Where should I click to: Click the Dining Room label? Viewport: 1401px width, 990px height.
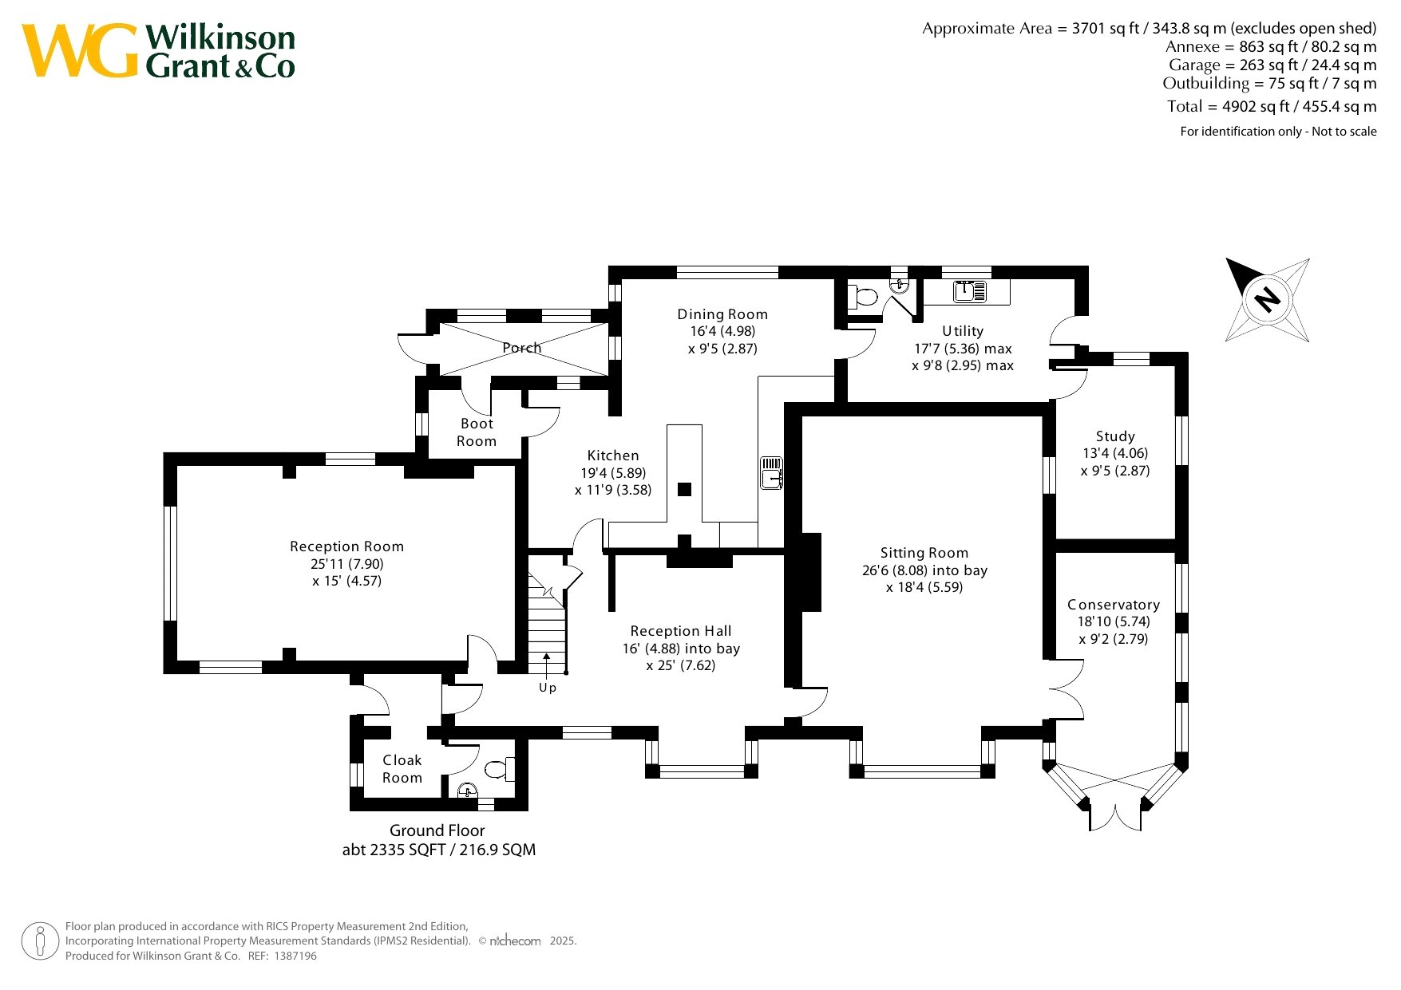click(722, 314)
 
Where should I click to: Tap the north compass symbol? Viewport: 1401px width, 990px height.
click(1268, 300)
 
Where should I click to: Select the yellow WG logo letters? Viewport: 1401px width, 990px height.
click(80, 51)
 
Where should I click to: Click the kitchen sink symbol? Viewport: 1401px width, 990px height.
click(771, 472)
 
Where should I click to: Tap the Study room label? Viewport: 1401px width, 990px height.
click(1115, 436)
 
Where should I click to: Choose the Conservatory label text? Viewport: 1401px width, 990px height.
click(1114, 605)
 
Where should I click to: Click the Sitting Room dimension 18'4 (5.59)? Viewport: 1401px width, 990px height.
click(924, 588)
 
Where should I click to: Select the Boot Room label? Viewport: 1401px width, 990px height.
click(477, 432)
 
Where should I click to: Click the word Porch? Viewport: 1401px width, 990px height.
click(522, 348)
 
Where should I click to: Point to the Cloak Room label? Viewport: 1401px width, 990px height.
click(402, 769)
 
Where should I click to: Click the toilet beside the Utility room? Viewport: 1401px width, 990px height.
click(862, 297)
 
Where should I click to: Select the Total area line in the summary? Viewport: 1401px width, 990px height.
click(1272, 106)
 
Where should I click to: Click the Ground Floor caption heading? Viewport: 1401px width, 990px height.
click(437, 830)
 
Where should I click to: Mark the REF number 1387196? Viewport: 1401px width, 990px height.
click(295, 956)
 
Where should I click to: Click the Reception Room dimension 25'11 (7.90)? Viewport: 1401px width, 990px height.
click(347, 564)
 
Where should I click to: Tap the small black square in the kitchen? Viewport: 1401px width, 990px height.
click(684, 490)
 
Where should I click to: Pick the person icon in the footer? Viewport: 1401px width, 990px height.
click(40, 941)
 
